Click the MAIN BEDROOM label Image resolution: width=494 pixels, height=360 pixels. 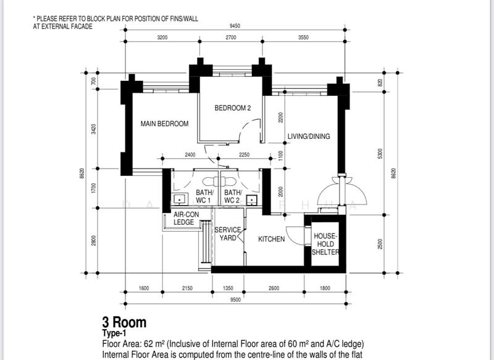point(164,124)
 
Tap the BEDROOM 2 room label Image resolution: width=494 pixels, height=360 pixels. point(233,108)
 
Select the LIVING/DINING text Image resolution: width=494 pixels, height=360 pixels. point(309,136)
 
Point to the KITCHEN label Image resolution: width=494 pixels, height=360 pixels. point(271,239)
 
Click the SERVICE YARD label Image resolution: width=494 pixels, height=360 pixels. point(228,234)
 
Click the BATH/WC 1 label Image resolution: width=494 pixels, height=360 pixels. point(204,197)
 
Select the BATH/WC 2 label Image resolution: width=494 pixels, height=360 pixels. point(232,197)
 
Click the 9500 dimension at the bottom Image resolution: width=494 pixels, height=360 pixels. point(234,301)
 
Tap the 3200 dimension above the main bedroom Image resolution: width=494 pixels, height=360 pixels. point(162,38)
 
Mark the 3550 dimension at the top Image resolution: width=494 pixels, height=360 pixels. point(303,38)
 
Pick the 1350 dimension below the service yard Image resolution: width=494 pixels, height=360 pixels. point(228,288)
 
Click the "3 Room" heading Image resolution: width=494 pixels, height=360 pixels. point(124,322)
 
